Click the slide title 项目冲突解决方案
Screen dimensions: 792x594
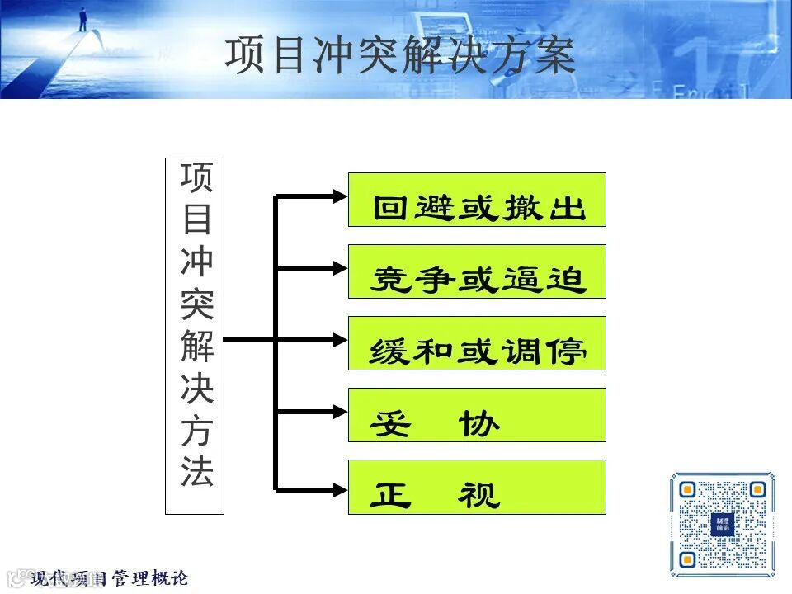pyautogui.click(x=400, y=55)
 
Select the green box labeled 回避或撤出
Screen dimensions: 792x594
pyautogui.click(x=477, y=200)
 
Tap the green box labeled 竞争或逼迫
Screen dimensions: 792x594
pyautogui.click(x=477, y=271)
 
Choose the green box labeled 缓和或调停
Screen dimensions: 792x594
pyautogui.click(x=477, y=343)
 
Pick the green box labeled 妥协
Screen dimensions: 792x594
pyautogui.click(x=477, y=415)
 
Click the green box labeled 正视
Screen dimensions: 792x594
pyautogui.click(x=477, y=487)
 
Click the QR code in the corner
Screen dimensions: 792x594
pyautogui.click(x=722, y=524)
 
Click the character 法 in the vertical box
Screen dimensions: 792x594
pyautogui.click(x=196, y=471)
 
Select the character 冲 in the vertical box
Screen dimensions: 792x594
pyautogui.click(x=196, y=262)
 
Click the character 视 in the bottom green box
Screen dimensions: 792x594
pyautogui.click(x=479, y=495)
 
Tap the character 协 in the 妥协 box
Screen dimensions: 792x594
pyautogui.click(x=479, y=423)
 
